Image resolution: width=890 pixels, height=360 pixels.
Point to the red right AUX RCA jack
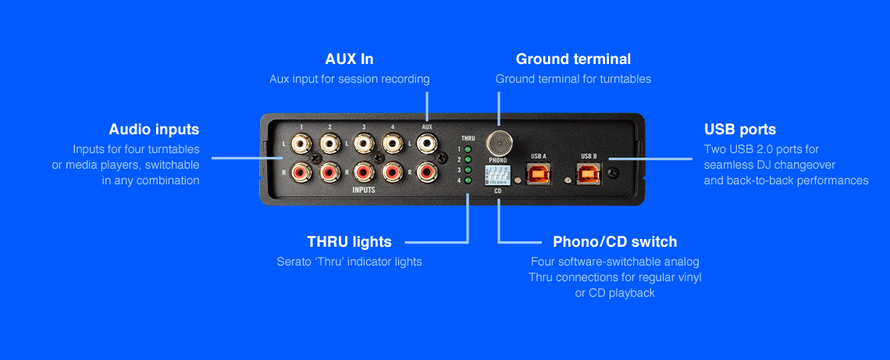point(426,171)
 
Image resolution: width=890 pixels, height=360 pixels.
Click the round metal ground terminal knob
point(499,143)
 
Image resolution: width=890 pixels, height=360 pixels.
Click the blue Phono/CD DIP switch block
point(497,175)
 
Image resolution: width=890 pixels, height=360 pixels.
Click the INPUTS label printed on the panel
point(363,190)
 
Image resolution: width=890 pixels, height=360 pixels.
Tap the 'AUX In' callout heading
point(349,59)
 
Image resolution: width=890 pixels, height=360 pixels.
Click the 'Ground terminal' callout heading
point(573,59)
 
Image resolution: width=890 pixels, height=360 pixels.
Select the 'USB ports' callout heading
point(739,130)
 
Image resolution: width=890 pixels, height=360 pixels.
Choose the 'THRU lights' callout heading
point(349,242)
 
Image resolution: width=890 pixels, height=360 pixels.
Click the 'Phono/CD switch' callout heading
point(614,242)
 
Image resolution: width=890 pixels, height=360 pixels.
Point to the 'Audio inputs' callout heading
point(154,130)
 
